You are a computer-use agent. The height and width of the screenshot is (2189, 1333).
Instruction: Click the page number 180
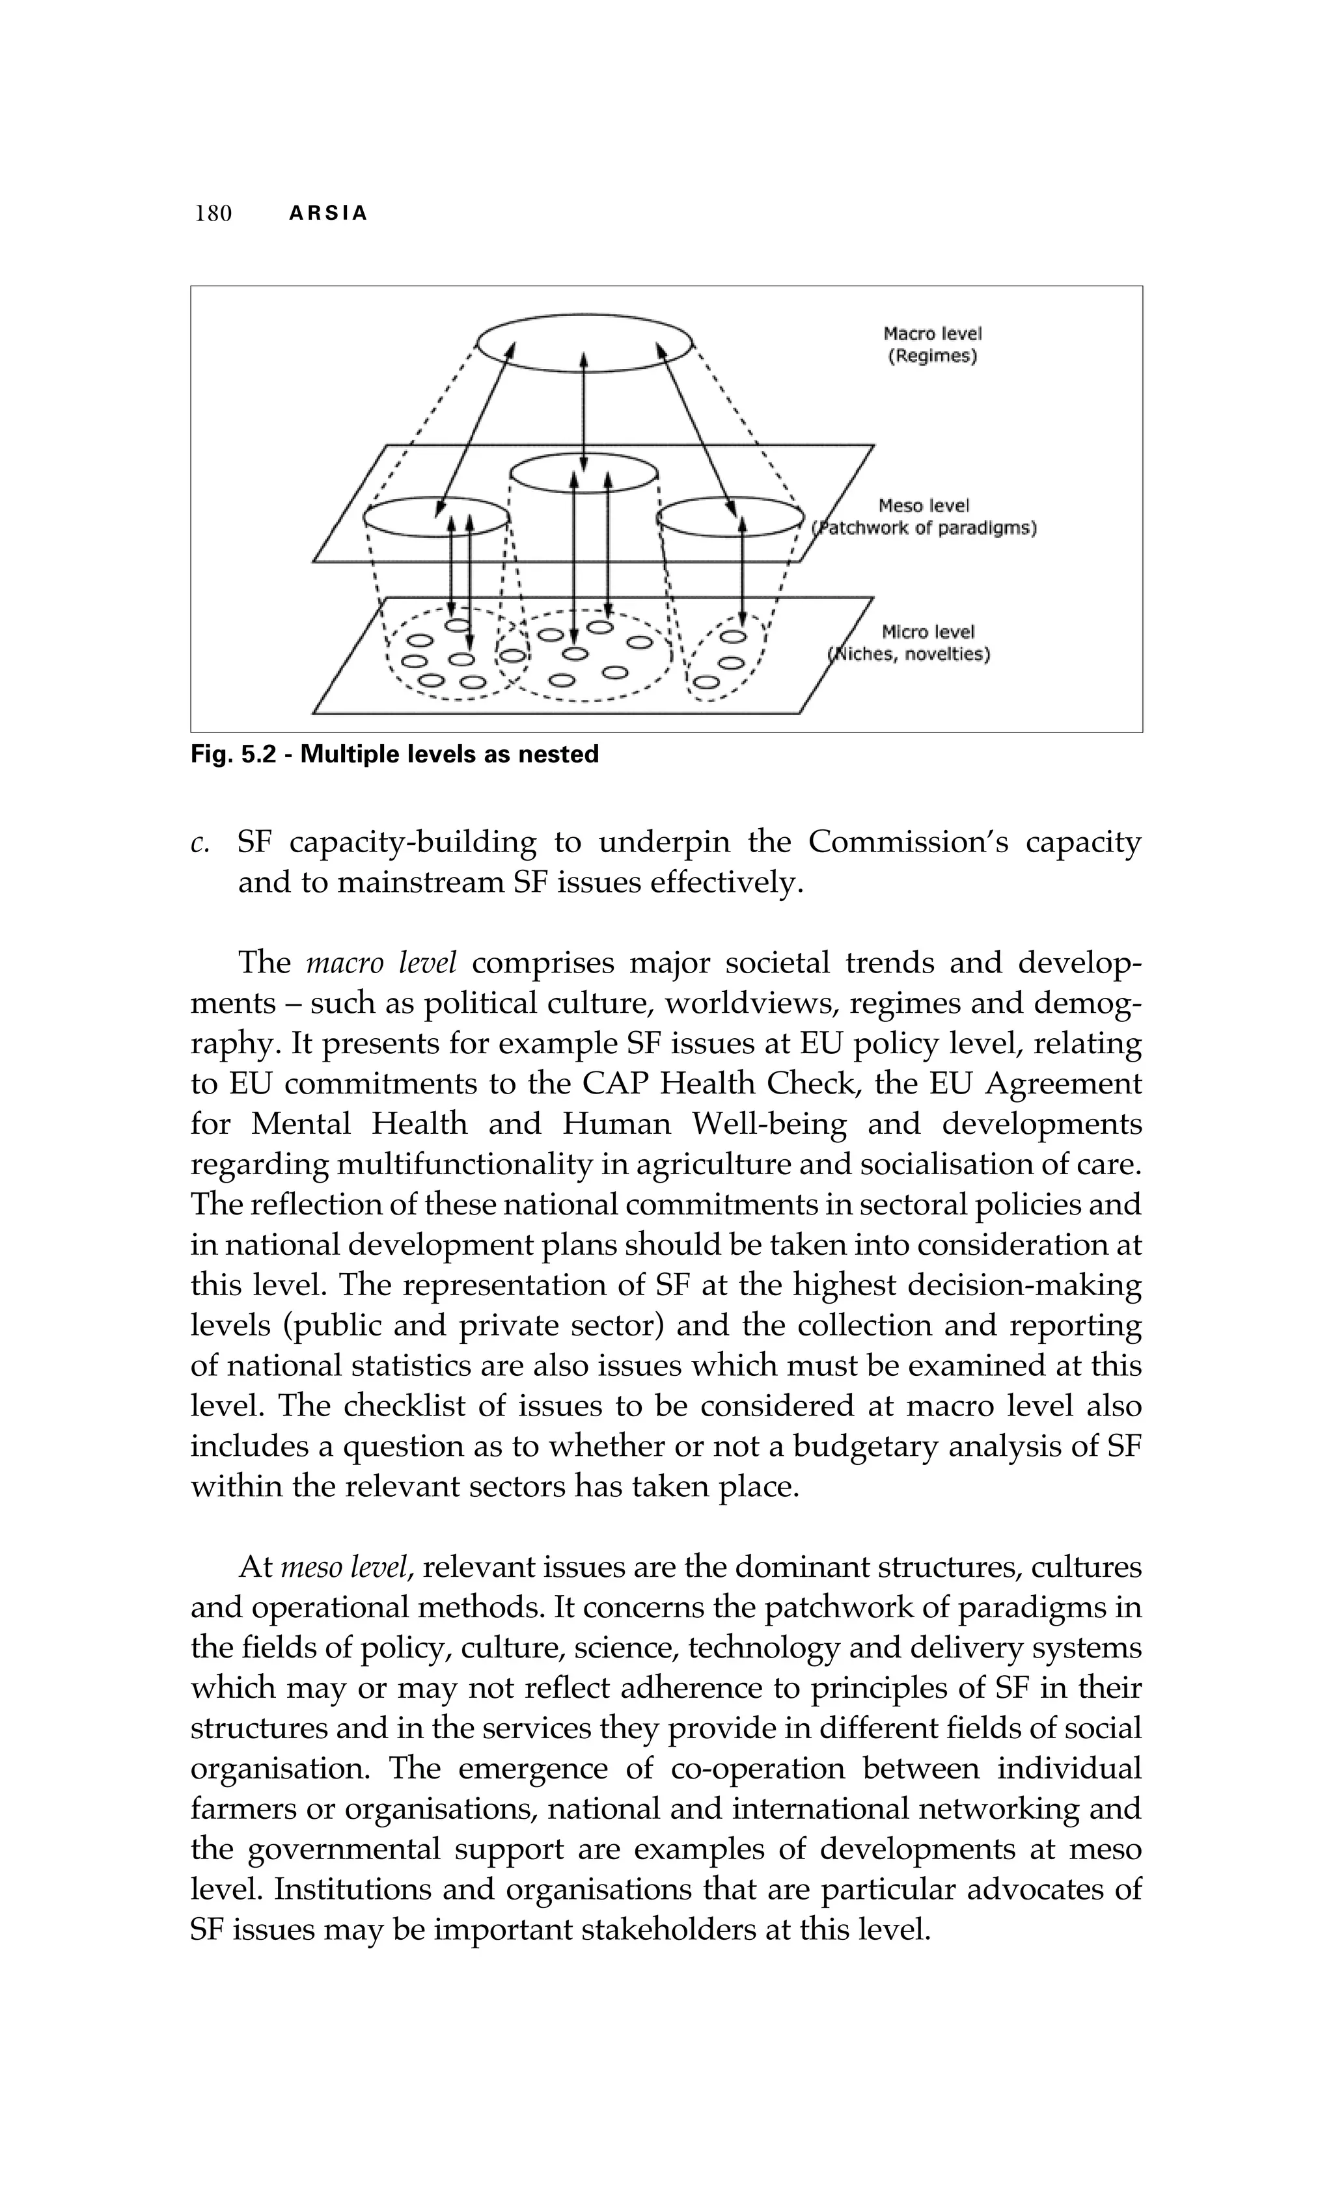(x=213, y=213)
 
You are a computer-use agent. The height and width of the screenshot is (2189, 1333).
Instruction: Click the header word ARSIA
(x=329, y=214)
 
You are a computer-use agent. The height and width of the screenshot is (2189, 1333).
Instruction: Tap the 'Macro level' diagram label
(x=932, y=334)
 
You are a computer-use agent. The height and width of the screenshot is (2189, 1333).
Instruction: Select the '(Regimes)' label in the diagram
(x=932, y=357)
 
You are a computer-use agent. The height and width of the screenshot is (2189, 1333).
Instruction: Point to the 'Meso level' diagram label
(x=924, y=505)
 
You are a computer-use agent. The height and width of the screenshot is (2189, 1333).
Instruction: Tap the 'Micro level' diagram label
(x=928, y=632)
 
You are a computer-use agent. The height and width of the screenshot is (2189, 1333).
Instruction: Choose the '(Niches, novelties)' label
(x=911, y=654)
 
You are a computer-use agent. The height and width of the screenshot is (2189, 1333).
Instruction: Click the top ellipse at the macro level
(x=584, y=342)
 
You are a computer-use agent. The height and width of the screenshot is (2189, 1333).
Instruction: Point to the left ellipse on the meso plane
(x=435, y=517)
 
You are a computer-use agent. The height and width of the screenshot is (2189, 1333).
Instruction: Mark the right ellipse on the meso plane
(x=730, y=517)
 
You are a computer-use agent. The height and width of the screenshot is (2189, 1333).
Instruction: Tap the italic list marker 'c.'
(x=199, y=843)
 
